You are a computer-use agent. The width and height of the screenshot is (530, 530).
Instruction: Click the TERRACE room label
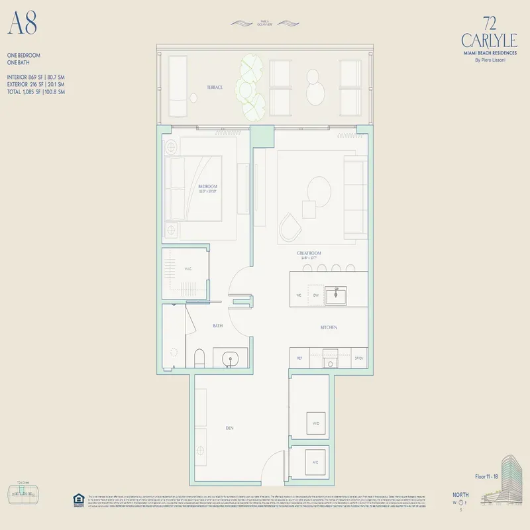point(213,87)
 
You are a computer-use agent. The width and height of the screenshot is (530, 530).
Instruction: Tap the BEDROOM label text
point(208,187)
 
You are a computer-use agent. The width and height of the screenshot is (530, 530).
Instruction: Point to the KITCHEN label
point(329,327)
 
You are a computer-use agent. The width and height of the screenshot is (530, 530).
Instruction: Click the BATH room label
point(217,326)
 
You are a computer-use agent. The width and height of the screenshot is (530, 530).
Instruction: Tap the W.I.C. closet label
point(187,270)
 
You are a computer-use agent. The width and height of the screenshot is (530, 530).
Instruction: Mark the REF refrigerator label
point(300,358)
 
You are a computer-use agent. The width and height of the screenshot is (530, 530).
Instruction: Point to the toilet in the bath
point(199,358)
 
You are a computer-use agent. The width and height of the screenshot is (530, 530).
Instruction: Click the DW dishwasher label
point(315,294)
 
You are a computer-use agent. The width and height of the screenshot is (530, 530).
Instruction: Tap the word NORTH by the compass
point(460,494)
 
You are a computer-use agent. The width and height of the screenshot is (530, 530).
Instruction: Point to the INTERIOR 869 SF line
point(36,78)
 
